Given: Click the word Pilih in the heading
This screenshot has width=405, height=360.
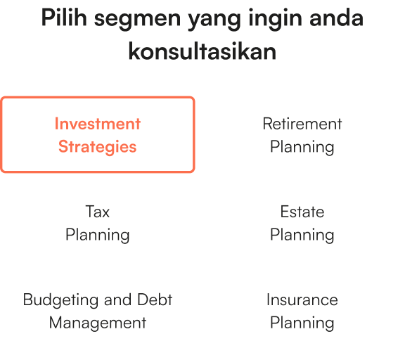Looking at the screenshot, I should click(x=63, y=18).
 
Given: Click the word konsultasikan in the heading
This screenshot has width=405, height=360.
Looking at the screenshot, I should click(x=202, y=51).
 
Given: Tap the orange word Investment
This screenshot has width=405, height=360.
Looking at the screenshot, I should click(x=98, y=124).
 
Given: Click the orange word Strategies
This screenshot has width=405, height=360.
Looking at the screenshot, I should click(x=98, y=147).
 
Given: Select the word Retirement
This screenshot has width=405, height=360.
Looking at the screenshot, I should click(x=302, y=124).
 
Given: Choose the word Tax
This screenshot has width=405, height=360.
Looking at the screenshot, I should click(x=98, y=212).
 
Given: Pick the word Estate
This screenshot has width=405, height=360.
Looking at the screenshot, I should click(x=302, y=212).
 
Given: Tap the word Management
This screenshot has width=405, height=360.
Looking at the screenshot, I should click(x=98, y=323).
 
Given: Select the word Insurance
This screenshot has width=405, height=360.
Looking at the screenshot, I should click(x=302, y=300).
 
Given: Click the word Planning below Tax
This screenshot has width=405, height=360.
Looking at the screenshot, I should click(x=98, y=235).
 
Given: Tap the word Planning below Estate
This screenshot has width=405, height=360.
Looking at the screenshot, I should click(x=302, y=235).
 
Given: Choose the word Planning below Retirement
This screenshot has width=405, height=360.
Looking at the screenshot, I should click(x=302, y=147).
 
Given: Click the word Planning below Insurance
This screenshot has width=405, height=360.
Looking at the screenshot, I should click(x=302, y=323).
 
